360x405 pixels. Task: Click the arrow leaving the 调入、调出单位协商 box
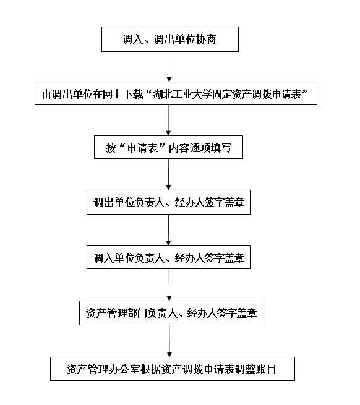pyautogui.click(x=169, y=67)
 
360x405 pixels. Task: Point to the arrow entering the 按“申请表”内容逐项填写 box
pyautogui.click(x=168, y=121)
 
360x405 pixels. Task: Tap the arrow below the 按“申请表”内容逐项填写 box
pyautogui.click(x=168, y=174)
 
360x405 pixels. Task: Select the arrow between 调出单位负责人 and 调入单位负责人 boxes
pyautogui.click(x=168, y=230)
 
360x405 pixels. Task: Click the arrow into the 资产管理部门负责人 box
pyautogui.click(x=169, y=284)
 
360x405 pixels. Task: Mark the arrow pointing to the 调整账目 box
pyautogui.click(x=169, y=341)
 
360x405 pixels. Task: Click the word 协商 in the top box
pyautogui.click(x=206, y=40)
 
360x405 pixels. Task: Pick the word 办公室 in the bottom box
pyautogui.click(x=124, y=369)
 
